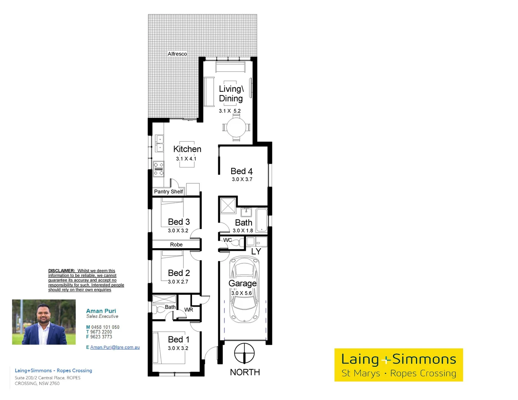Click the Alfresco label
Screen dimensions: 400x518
tap(177, 54)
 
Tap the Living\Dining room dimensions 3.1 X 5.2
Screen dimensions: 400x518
tap(230, 111)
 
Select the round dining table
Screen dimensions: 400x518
tap(236, 127)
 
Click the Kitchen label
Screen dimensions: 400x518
tap(187, 149)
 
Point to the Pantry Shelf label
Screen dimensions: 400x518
tap(169, 191)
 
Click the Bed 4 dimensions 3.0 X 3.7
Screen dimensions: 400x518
tap(242, 179)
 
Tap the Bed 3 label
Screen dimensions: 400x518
tap(179, 222)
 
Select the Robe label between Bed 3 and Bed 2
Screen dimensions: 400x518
tap(176, 244)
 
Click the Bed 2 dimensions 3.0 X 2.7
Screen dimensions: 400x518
tap(178, 281)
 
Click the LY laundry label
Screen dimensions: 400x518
tap(256, 251)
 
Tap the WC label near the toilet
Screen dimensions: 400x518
tap(228, 240)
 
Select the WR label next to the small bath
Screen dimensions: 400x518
tap(189, 310)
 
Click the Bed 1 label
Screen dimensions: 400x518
tap(179, 340)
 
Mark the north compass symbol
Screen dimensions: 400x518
tap(245, 353)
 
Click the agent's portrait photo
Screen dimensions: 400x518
tap(44, 322)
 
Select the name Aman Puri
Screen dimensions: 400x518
tap(101, 311)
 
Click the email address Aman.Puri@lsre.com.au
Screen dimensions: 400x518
tap(115, 347)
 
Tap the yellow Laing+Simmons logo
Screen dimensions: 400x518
tap(399, 365)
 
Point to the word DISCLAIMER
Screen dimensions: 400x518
tap(62, 271)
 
